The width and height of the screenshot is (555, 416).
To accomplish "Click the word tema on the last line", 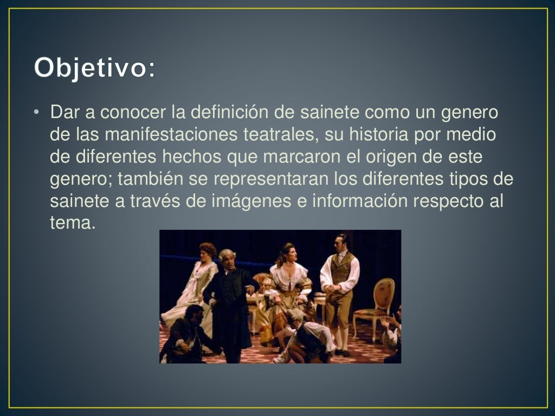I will pos(72,222).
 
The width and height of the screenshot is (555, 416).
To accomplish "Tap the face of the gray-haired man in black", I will pos(227,259).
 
